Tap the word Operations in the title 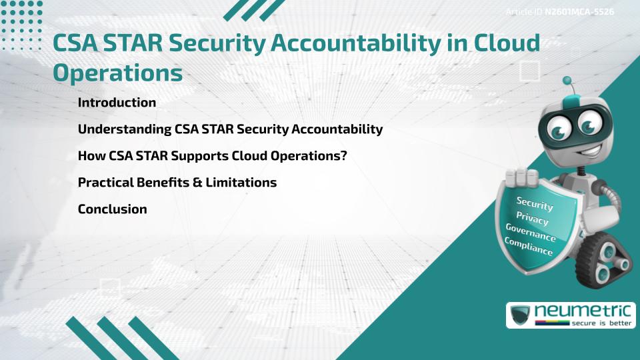pos(117,73)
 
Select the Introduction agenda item pos(117,103)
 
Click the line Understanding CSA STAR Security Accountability pos(230,129)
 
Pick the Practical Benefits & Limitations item pos(177,183)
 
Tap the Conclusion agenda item pos(112,209)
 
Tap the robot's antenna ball pos(568,81)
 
